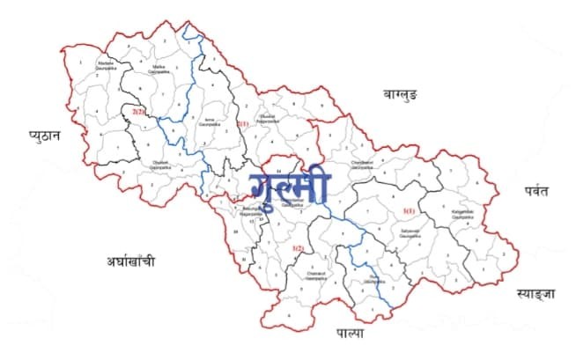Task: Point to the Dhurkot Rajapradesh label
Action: click(268, 117)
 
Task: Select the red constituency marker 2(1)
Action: click(243, 124)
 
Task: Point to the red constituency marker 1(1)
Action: click(408, 211)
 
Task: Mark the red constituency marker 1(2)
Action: click(299, 249)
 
